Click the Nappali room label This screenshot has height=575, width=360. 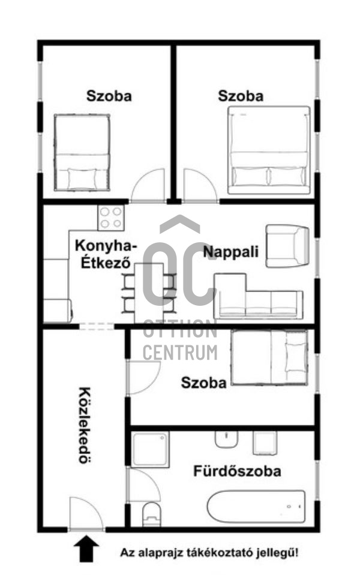tap(231, 252)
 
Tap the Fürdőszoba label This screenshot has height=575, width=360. tap(237, 471)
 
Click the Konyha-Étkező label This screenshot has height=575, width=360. tap(106, 254)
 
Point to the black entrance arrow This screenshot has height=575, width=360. tap(86, 549)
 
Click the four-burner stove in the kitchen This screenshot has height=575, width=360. tap(111, 218)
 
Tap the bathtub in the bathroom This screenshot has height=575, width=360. tap(257, 506)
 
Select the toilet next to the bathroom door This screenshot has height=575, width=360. tap(152, 514)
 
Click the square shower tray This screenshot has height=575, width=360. tap(150, 449)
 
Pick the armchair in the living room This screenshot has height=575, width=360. tap(287, 246)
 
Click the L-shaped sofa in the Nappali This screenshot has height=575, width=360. tap(258, 296)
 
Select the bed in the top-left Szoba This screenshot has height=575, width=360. tap(82, 152)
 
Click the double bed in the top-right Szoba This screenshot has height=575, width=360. tap(269, 150)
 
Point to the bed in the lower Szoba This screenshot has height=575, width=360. tap(269, 357)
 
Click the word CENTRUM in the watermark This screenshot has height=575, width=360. tap(180, 353)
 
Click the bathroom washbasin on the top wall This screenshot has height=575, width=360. tap(226, 439)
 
